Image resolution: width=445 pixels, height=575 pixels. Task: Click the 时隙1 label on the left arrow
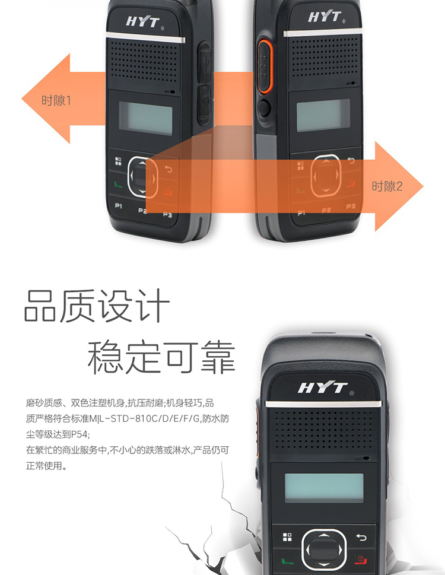tap(56, 100)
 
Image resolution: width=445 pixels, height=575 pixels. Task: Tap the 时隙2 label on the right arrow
tap(387, 186)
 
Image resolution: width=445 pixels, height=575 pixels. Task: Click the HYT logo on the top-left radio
tap(142, 21)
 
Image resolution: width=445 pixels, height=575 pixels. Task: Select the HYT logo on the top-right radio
tap(325, 17)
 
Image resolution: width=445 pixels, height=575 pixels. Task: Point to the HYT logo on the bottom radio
tap(322, 387)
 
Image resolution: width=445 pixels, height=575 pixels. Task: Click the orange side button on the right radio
tap(265, 66)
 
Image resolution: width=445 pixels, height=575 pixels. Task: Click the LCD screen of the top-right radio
tap(323, 115)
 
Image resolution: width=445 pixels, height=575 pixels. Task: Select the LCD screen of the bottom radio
tap(324, 488)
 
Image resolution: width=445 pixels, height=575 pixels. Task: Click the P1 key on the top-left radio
tap(119, 206)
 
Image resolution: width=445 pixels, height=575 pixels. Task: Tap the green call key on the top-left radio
tap(118, 185)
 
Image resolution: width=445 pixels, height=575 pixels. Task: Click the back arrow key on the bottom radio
tap(361, 537)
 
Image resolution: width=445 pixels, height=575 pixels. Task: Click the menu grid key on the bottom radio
tap(287, 537)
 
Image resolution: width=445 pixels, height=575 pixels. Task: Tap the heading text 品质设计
tap(97, 306)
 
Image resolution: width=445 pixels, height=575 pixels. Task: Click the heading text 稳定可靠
tap(161, 357)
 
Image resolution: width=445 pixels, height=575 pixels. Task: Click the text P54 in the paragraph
tap(80, 434)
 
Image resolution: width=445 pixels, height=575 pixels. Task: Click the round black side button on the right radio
tap(263, 109)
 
